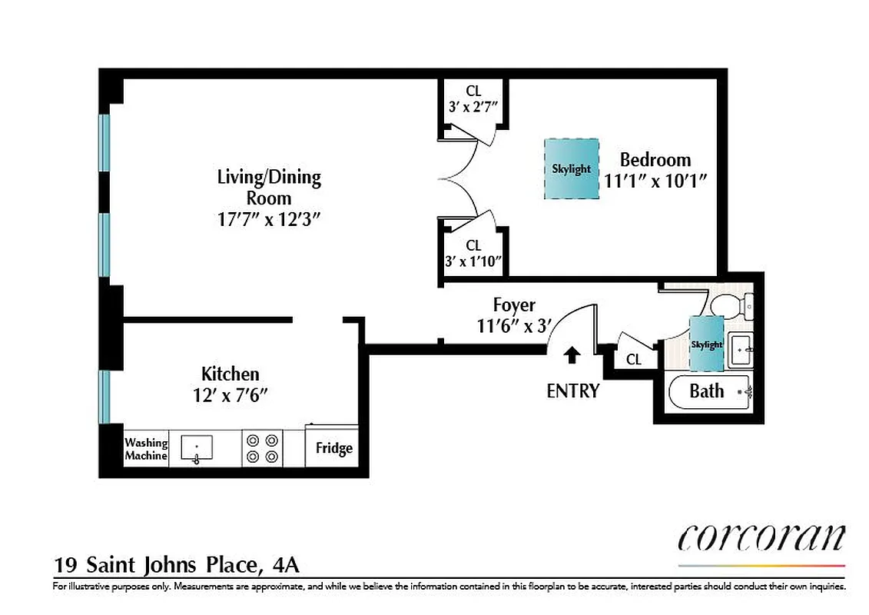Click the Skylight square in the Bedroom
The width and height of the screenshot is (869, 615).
coord(572,169)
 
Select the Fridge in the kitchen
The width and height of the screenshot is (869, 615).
coord(333,448)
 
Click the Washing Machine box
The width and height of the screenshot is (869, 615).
coord(146,449)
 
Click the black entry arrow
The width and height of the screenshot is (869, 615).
coord(572,354)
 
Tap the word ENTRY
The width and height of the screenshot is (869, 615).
coord(572,391)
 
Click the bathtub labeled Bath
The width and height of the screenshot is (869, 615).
coord(707,391)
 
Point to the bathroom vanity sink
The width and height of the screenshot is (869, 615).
coord(740,351)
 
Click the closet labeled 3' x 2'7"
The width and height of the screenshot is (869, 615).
coord(473,100)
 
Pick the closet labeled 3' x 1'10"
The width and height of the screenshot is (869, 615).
coord(473,254)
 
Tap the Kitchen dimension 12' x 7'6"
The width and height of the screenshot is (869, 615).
coord(230,395)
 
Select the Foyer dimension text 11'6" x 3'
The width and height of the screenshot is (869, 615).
coord(514,326)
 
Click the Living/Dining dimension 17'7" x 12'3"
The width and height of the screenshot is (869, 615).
coord(268,218)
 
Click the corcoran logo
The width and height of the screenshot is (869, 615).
coord(761,537)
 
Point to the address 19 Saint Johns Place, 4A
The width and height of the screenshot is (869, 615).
coord(176,565)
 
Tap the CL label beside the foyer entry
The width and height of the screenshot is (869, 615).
coord(634,359)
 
